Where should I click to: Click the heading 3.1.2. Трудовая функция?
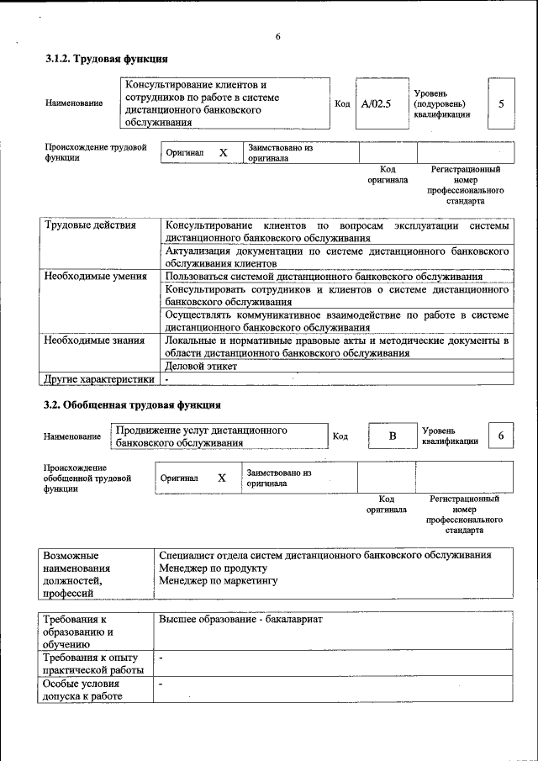pyautogui.click(x=106, y=59)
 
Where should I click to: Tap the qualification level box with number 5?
pyautogui.click(x=501, y=104)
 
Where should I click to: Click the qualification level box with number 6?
pyautogui.click(x=501, y=436)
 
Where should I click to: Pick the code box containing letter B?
pyautogui.click(x=391, y=436)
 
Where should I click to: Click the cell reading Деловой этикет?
pyautogui.click(x=202, y=366)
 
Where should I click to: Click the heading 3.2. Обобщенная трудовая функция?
pyautogui.click(x=132, y=404)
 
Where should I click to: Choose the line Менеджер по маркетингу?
pyautogui.click(x=218, y=581)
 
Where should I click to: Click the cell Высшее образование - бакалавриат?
pyautogui.click(x=240, y=620)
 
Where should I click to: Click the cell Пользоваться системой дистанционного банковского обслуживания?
pyautogui.click(x=324, y=276)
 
